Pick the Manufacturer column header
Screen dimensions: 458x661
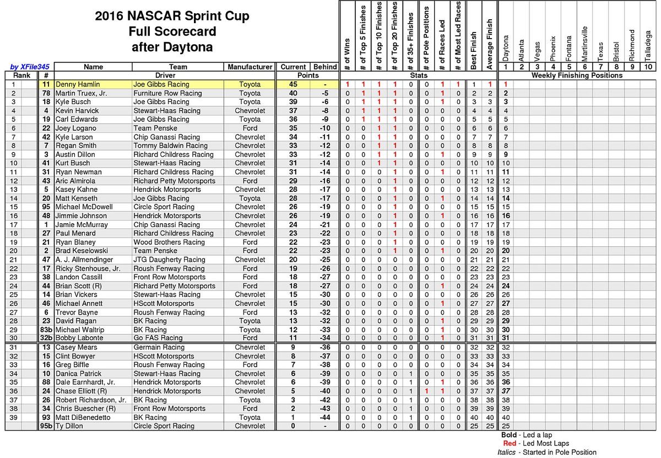250,67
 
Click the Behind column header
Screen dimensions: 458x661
325,67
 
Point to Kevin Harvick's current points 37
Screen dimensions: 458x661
292,111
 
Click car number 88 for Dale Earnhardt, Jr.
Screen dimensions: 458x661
46,382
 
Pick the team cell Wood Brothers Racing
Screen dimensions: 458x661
169,242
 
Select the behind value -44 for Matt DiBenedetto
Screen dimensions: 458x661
325,417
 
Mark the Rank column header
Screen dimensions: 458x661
22,76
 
